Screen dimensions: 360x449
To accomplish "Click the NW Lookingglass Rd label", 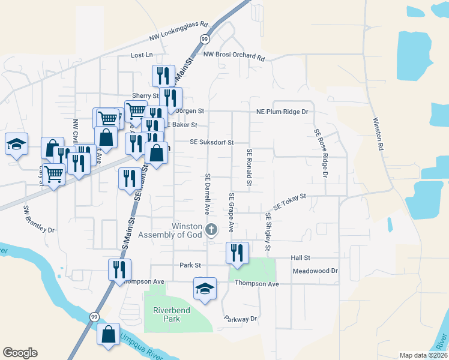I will [x=179, y=33].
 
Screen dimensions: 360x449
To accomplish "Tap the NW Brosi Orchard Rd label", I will [x=234, y=56].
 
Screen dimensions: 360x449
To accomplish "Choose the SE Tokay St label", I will [x=289, y=201].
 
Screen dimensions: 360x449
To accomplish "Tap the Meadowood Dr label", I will [x=315, y=271].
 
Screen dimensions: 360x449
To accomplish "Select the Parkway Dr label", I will [x=240, y=319].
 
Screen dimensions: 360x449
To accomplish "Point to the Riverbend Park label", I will [x=167, y=314].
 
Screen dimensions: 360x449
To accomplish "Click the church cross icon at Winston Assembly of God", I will [x=211, y=229].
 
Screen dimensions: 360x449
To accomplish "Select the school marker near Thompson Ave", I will [x=205, y=289].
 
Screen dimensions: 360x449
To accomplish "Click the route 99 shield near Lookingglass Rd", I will [x=205, y=40].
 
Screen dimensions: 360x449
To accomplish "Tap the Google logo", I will [x=20, y=353].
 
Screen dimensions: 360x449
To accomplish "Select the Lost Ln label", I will [x=142, y=55].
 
